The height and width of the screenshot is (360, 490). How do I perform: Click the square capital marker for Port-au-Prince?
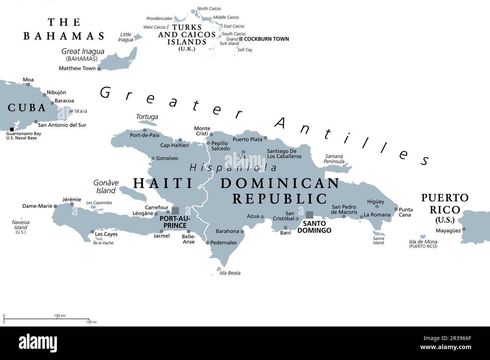tap(175, 211)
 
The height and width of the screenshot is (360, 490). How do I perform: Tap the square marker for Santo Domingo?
tap(309, 215)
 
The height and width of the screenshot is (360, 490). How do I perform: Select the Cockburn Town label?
tap(266, 39)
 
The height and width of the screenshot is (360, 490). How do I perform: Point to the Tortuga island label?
tap(147, 117)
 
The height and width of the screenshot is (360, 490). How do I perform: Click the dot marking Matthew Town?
tap(99, 69)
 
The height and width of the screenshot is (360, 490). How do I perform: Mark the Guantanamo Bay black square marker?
tap(12, 129)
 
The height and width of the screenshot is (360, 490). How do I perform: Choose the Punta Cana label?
tap(406, 212)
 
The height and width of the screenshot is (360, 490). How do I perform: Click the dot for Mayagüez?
tap(464, 229)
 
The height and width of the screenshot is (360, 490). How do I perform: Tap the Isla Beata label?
tap(230, 273)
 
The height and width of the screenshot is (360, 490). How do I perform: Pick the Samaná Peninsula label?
tap(334, 159)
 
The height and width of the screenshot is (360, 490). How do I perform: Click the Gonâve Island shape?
tap(133, 193)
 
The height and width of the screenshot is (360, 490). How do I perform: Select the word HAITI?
tap(163, 183)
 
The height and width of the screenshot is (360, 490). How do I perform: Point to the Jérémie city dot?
tap(72, 204)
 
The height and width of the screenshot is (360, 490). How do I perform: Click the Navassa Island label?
tap(21, 225)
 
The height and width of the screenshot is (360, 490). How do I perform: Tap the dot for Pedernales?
tap(207, 243)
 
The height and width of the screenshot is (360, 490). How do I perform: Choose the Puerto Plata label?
tap(247, 139)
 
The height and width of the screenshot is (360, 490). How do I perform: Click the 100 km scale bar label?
tap(60, 316)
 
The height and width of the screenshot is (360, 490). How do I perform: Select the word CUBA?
tap(27, 108)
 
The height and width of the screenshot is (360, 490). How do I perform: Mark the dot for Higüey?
tap(377, 206)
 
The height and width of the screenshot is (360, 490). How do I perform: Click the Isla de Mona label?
tap(423, 242)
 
